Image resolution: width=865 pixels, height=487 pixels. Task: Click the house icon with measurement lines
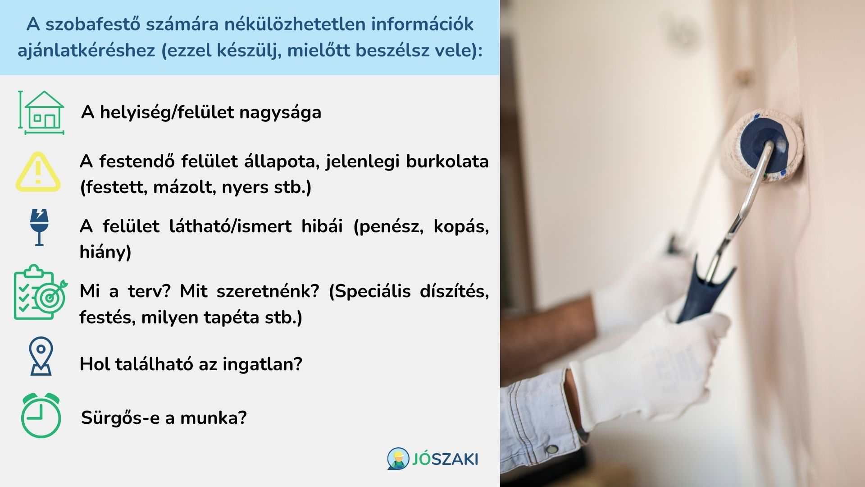[41, 113]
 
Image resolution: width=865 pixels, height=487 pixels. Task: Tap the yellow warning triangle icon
[38, 172]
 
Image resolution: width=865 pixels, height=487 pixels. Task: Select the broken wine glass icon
[39, 227]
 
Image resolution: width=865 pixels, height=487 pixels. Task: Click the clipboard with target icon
[40, 292]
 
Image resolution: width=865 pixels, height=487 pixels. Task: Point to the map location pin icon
[41, 356]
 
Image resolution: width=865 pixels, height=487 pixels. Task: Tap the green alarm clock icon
[41, 416]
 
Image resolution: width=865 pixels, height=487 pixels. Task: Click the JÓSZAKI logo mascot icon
[398, 459]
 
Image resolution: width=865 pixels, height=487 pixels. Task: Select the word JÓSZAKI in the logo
[445, 459]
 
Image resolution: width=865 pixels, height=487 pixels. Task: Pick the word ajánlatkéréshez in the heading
[86, 50]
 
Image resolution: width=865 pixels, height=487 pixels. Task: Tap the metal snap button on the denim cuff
[551, 449]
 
